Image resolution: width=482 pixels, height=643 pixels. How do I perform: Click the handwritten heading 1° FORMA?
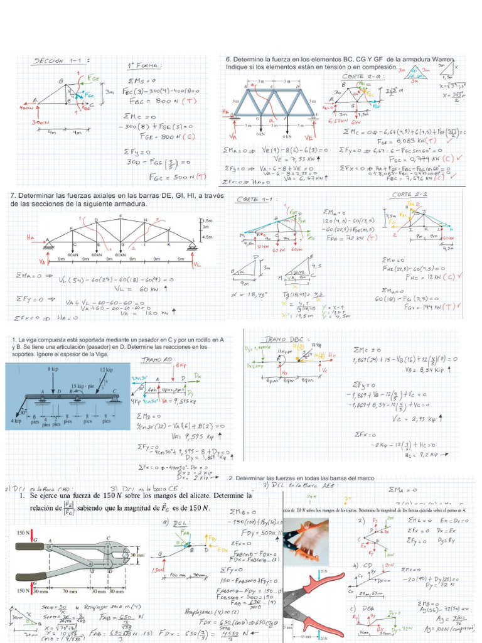click(144, 65)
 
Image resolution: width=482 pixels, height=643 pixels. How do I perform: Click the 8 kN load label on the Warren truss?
click(288, 135)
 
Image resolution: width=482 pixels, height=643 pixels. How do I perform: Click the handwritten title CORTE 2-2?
click(409, 195)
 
